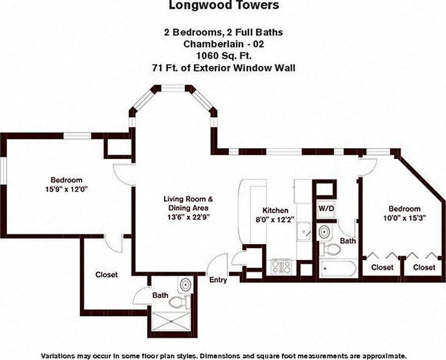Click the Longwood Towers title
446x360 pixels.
coord(224,5)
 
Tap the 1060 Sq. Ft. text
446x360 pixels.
coord(224,56)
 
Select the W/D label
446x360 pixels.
coord(326,208)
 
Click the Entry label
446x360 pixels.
coord(218,280)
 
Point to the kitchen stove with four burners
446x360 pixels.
coord(281,267)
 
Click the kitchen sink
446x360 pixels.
coord(304,231)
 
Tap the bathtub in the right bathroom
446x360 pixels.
coord(338,268)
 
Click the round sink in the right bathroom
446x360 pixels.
coord(324,232)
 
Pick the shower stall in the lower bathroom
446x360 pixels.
coord(171,322)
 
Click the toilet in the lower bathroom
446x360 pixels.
coord(179,302)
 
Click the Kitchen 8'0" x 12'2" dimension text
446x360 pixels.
coord(275,219)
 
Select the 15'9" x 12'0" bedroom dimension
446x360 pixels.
coord(66,189)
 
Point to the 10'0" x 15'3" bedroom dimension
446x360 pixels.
coord(405,218)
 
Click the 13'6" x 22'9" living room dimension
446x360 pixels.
coord(189,217)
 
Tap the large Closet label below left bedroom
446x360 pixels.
coord(106,275)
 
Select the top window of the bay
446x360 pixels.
coord(173,88)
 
